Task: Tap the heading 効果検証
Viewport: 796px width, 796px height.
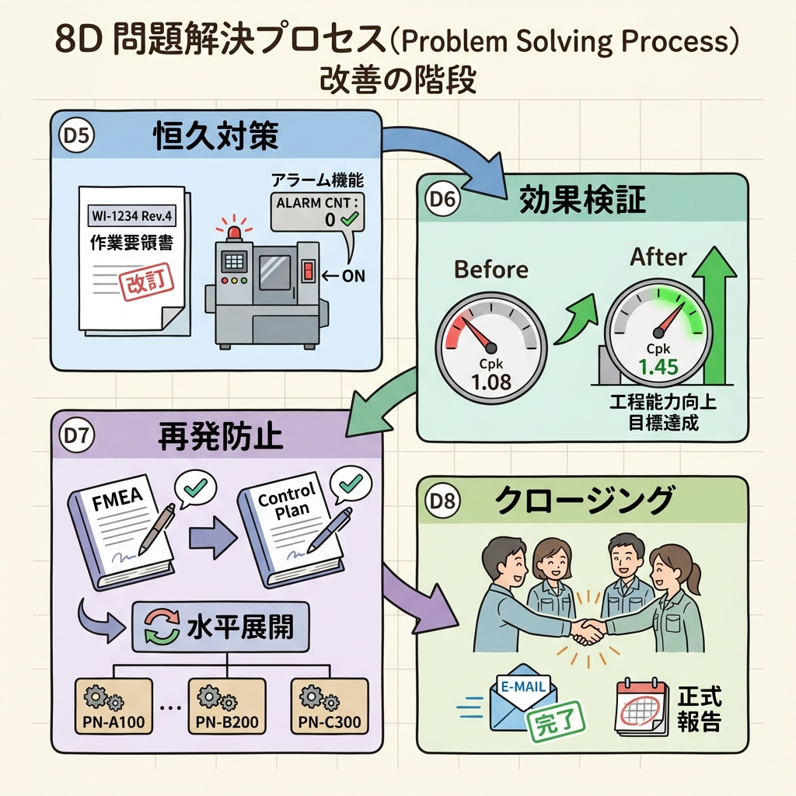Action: point(582,200)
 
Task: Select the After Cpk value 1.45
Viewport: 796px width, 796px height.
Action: point(658,365)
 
